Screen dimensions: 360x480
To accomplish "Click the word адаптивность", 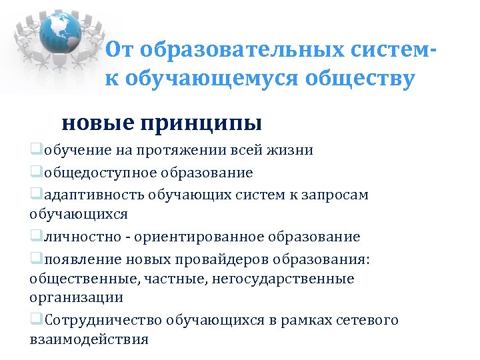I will click(x=87, y=194).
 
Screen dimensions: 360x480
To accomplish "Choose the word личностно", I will click(x=73, y=237).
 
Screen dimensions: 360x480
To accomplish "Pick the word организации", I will click(x=77, y=297).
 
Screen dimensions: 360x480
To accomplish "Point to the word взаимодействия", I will click(x=89, y=339).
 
